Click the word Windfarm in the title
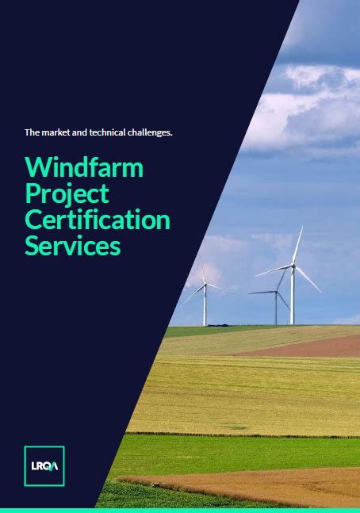(x=84, y=167)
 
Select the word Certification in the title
(x=98, y=220)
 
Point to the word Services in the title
(x=73, y=245)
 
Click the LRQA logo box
(x=44, y=466)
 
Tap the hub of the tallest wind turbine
(x=293, y=266)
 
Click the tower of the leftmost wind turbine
(x=205, y=305)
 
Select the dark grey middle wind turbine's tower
(x=276, y=308)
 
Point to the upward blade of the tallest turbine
(x=297, y=245)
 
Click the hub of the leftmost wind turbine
(x=205, y=284)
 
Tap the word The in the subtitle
(x=32, y=132)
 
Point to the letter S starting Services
(x=32, y=246)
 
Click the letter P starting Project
(x=32, y=193)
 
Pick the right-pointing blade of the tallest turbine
(x=308, y=279)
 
